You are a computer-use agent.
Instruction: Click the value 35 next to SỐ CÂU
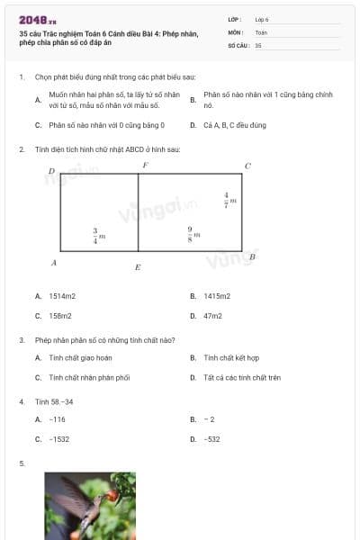(258, 44)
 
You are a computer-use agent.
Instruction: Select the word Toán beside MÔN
(261, 31)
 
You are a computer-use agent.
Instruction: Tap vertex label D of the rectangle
(51, 170)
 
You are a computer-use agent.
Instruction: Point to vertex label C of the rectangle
(247, 166)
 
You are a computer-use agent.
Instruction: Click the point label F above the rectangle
(145, 166)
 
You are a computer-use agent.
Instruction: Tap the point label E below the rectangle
(138, 267)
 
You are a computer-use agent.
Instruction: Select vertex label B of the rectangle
(252, 257)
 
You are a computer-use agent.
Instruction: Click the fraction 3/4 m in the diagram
(98, 236)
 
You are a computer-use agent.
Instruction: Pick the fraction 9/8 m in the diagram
(193, 234)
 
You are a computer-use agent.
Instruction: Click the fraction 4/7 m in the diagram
(229, 200)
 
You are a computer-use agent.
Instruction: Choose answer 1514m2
(62, 295)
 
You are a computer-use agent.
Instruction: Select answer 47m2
(212, 316)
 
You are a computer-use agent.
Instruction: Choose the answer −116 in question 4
(58, 419)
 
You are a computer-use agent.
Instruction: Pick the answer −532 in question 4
(212, 439)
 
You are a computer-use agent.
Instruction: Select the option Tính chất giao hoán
(79, 357)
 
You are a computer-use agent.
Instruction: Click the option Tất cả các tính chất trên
(242, 378)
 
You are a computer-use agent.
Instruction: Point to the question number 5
(22, 463)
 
